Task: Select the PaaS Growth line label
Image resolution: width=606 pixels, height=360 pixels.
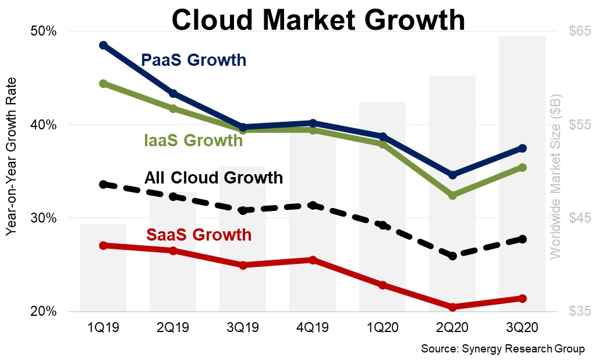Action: point(194,60)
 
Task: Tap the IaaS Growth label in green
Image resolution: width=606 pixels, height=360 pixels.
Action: point(193,140)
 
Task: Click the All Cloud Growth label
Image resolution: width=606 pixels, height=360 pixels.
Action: point(214,177)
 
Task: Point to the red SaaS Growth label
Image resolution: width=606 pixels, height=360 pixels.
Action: point(199,235)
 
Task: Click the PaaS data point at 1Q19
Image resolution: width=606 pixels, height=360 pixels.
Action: point(103,45)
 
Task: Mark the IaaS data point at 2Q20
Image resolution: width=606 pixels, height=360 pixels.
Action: point(452,195)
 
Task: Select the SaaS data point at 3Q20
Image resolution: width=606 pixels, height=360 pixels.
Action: point(522,298)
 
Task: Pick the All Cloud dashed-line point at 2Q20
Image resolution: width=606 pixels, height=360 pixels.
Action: point(452,256)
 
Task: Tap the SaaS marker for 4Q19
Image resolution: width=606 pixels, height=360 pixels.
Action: point(313,260)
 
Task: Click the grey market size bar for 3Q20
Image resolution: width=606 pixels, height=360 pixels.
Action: point(522,175)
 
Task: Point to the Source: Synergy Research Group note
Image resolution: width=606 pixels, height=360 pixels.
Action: point(502,348)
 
